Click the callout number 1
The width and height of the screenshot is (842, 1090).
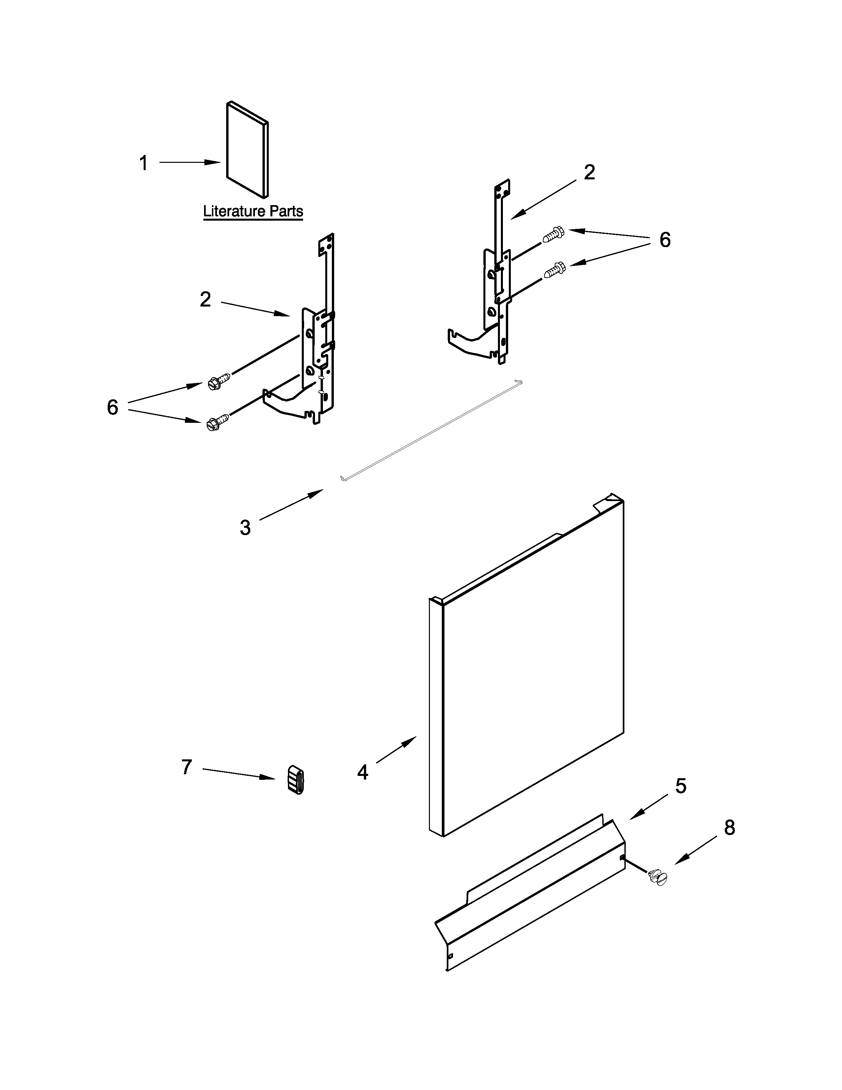pyautogui.click(x=144, y=163)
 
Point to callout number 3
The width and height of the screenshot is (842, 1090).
pyautogui.click(x=245, y=527)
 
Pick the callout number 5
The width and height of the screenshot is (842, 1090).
pyautogui.click(x=681, y=786)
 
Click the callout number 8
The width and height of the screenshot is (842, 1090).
pyautogui.click(x=729, y=828)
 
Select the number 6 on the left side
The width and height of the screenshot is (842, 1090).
pyautogui.click(x=113, y=408)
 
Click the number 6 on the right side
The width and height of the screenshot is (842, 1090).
pyautogui.click(x=665, y=240)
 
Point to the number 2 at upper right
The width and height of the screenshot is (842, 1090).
pyautogui.click(x=589, y=173)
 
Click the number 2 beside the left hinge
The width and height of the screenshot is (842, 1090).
pyautogui.click(x=205, y=300)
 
